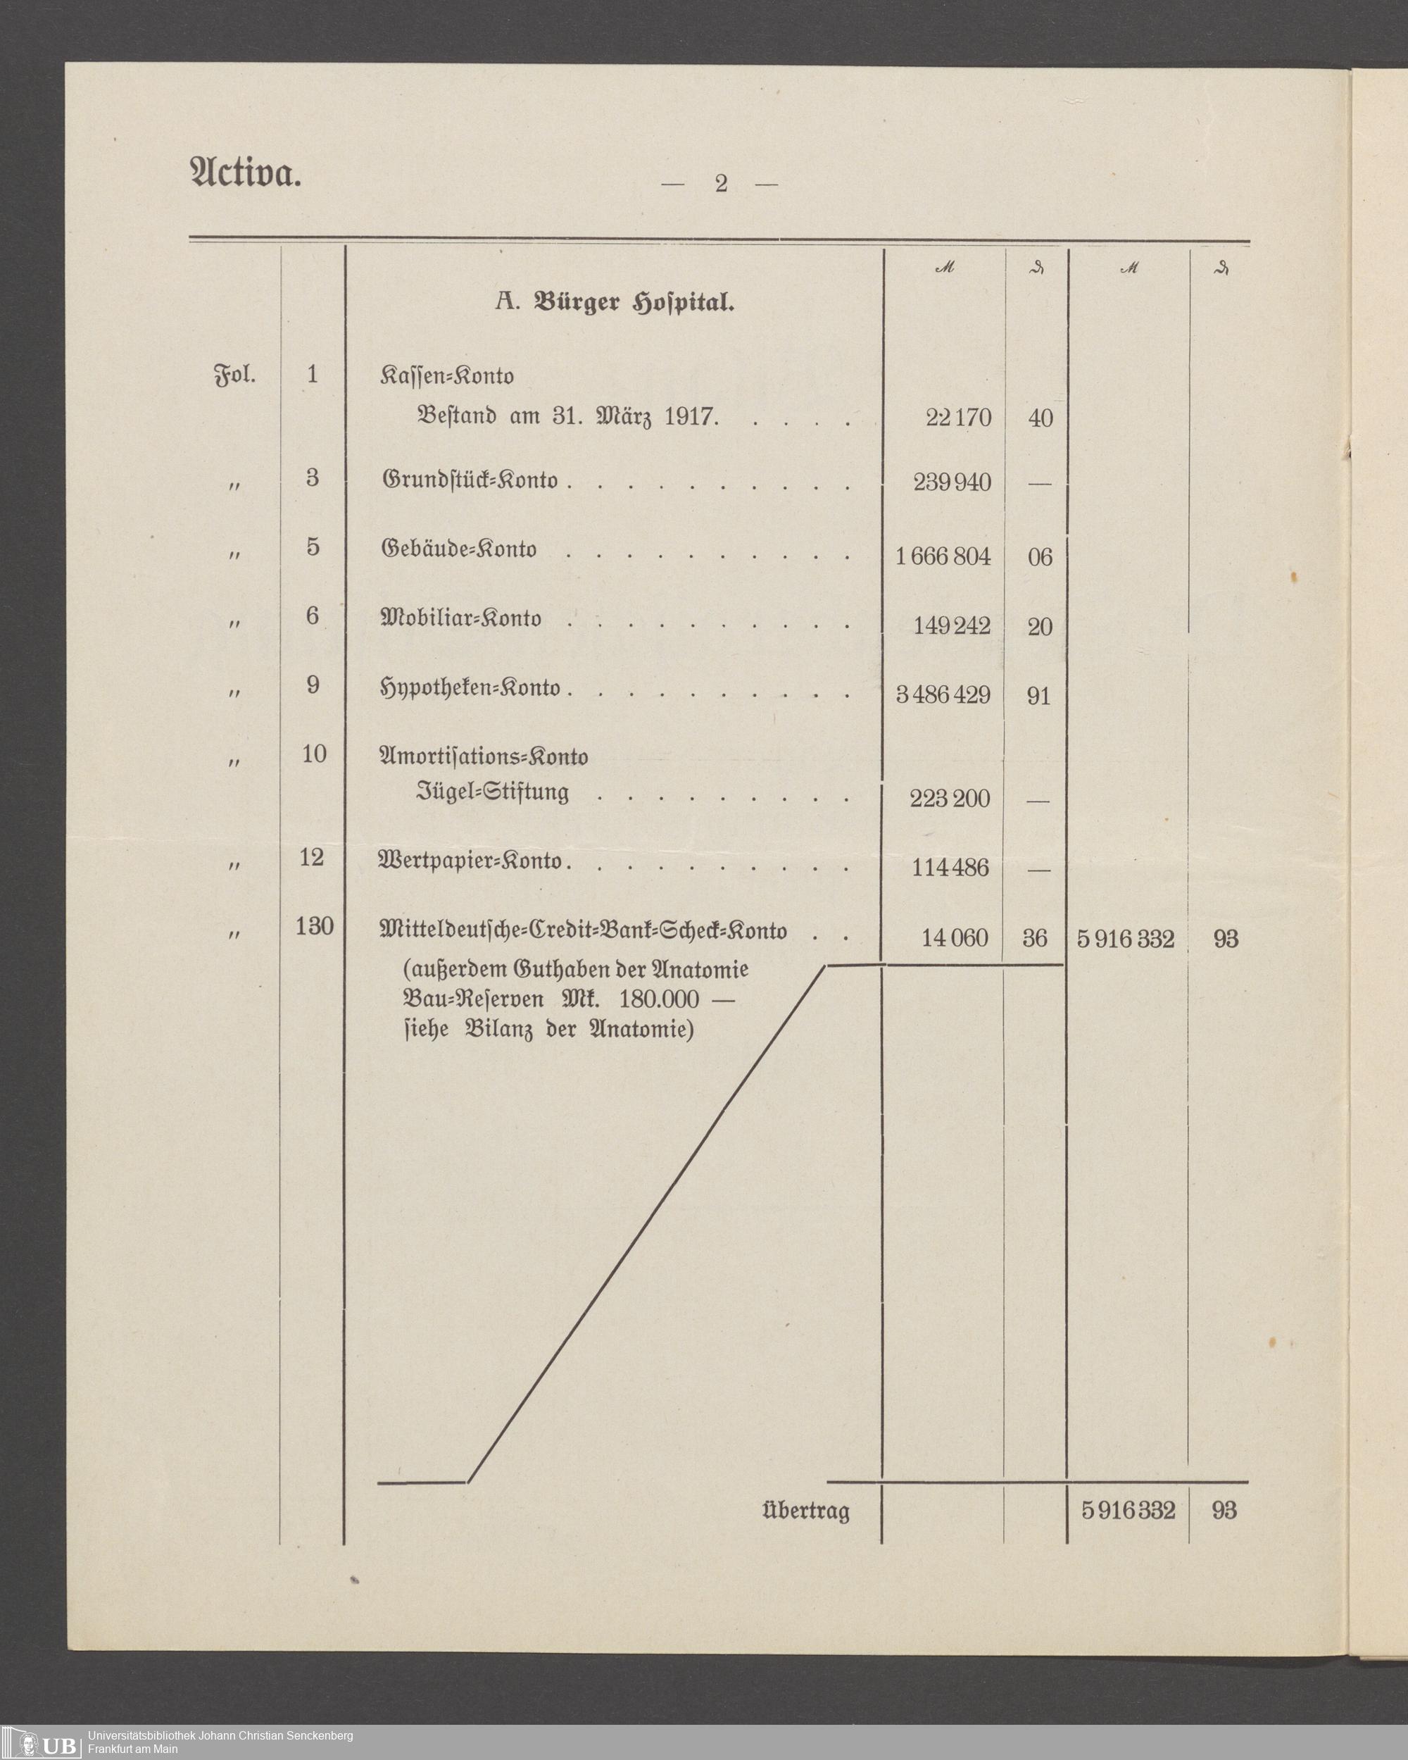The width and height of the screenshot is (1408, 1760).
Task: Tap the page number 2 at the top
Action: tap(720, 184)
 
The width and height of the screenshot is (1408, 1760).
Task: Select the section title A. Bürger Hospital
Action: tap(615, 303)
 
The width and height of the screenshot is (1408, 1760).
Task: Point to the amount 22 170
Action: tap(958, 418)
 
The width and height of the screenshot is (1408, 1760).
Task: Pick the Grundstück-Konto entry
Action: tap(470, 480)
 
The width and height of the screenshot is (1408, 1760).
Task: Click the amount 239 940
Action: tap(952, 482)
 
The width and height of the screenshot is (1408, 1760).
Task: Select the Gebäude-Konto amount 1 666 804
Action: tap(943, 556)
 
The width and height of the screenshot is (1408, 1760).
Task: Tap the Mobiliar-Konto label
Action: tap(461, 619)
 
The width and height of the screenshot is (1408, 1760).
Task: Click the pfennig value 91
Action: tap(1038, 697)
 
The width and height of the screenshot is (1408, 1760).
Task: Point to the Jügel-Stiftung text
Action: tap(493, 792)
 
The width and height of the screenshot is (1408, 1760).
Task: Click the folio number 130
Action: tap(314, 927)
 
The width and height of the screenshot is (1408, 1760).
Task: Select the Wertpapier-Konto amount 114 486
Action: tap(950, 868)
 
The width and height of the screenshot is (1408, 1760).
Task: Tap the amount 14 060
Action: tap(954, 938)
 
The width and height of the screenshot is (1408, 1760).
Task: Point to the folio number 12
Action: tap(312, 858)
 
